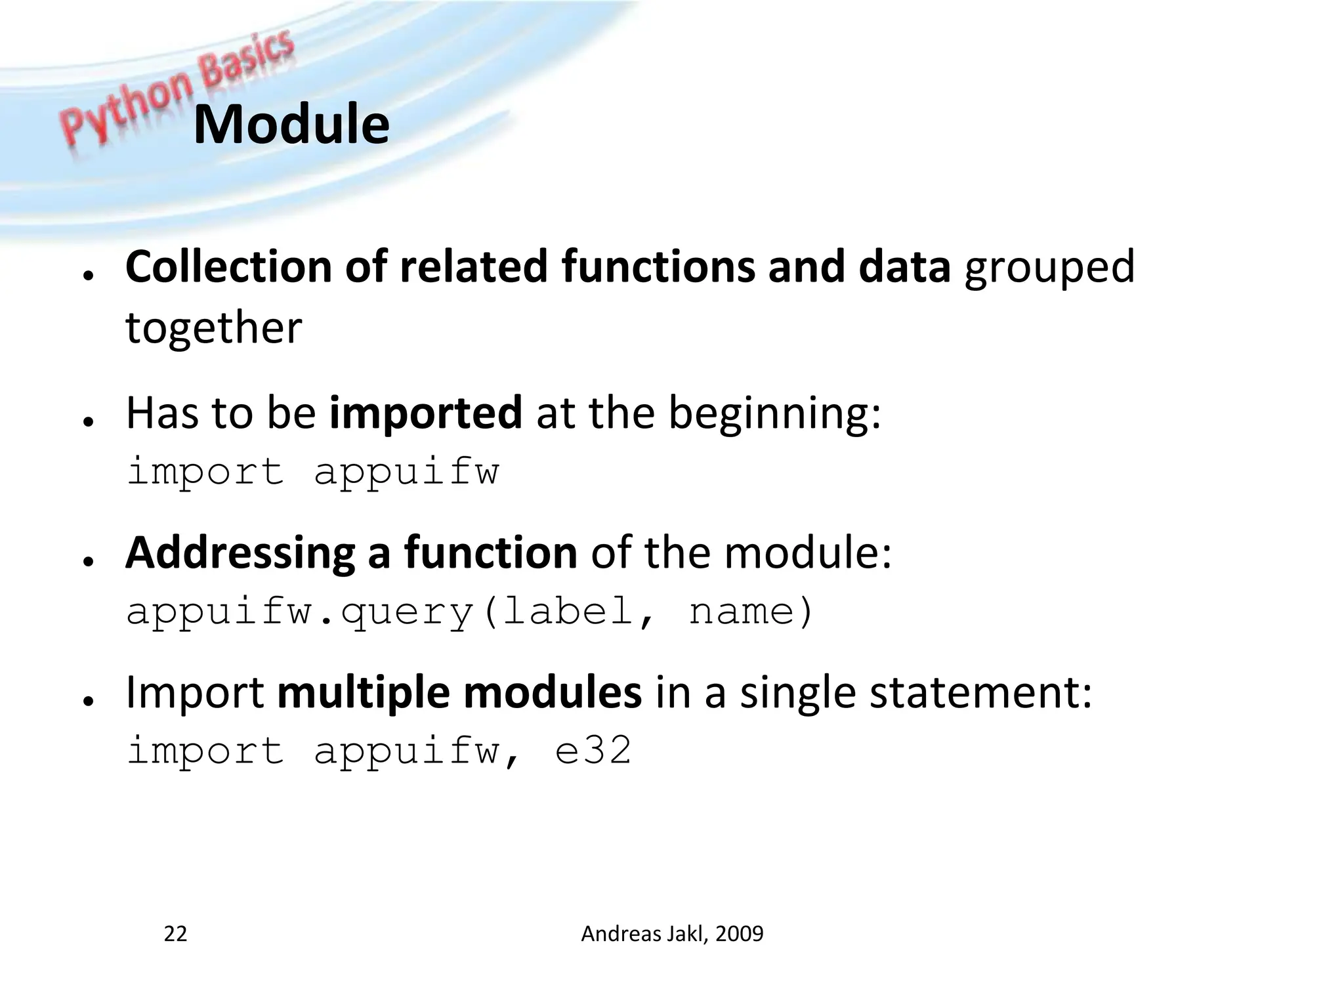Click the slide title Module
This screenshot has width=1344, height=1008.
(291, 125)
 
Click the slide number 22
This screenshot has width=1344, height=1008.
(175, 933)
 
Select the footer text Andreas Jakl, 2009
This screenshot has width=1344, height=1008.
(672, 933)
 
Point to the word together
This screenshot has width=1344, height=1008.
(213, 327)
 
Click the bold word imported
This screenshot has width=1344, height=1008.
(425, 413)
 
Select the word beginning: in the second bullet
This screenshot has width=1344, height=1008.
(774, 414)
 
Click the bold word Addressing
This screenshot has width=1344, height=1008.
(240, 553)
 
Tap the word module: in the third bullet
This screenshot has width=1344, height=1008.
(808, 553)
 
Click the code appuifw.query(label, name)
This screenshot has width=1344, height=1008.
(469, 612)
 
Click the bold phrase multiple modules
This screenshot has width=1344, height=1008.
(459, 693)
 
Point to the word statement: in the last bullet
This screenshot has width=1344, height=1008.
(980, 693)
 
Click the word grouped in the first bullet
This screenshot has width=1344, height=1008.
(1049, 268)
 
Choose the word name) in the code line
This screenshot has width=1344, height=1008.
(751, 612)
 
